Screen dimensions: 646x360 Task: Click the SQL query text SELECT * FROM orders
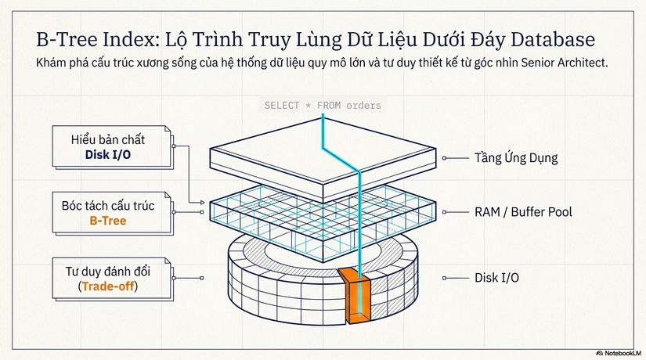pyautogui.click(x=323, y=106)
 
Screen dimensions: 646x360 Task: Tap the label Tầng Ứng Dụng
pyautogui.click(x=516, y=158)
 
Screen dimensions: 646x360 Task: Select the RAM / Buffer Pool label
pyautogui.click(x=523, y=212)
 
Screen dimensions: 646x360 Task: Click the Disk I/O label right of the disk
pyautogui.click(x=496, y=278)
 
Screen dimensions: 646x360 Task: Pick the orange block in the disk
pyautogui.click(x=354, y=295)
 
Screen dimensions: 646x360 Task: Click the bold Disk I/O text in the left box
pyautogui.click(x=108, y=155)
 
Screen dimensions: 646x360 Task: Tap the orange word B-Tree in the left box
pyautogui.click(x=108, y=221)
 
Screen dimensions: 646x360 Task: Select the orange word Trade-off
pyautogui.click(x=108, y=286)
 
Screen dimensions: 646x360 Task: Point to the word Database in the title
pyautogui.click(x=553, y=40)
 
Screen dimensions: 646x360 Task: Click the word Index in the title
pyautogui.click(x=131, y=40)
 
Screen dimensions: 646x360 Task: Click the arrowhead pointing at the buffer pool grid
pyautogui.click(x=202, y=202)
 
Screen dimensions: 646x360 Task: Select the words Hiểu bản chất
pyautogui.click(x=108, y=140)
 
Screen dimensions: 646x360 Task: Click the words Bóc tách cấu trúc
pyautogui.click(x=108, y=206)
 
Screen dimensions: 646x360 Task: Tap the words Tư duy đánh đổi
pyautogui.click(x=108, y=272)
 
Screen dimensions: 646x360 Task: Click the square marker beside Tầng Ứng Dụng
pyautogui.click(x=444, y=158)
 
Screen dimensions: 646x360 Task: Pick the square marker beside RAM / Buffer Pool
pyautogui.click(x=444, y=212)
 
